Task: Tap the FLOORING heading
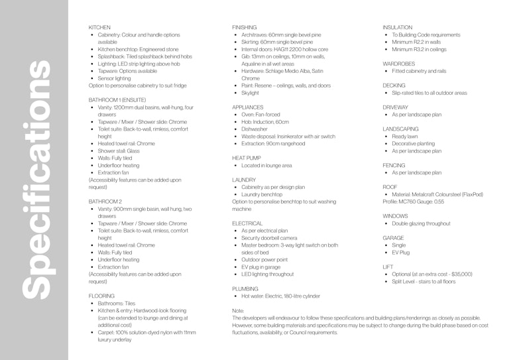tap(101, 295)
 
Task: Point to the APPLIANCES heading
tap(247, 107)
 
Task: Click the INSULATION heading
tap(398, 27)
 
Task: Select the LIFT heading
tap(388, 266)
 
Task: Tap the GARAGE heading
tap(393, 237)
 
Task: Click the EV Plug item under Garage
tap(402, 253)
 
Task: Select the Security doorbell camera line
tap(269, 237)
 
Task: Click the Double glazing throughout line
tap(421, 223)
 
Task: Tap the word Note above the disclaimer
tap(239, 310)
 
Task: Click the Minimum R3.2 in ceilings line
tap(419, 49)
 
